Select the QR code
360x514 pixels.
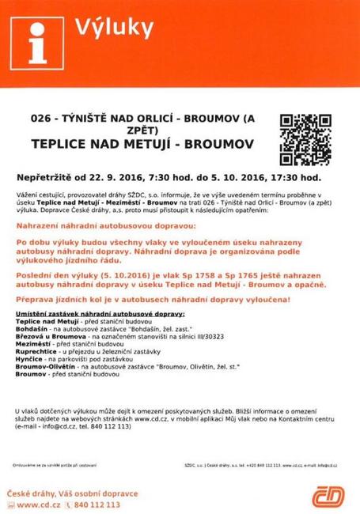click(305, 137)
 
